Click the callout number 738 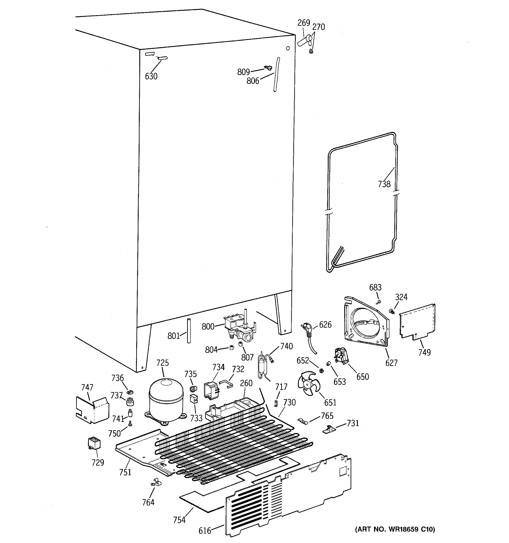384,184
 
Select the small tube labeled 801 188,330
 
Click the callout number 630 151,77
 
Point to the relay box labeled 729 94,443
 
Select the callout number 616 205,530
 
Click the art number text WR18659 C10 395,529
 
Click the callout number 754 179,520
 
